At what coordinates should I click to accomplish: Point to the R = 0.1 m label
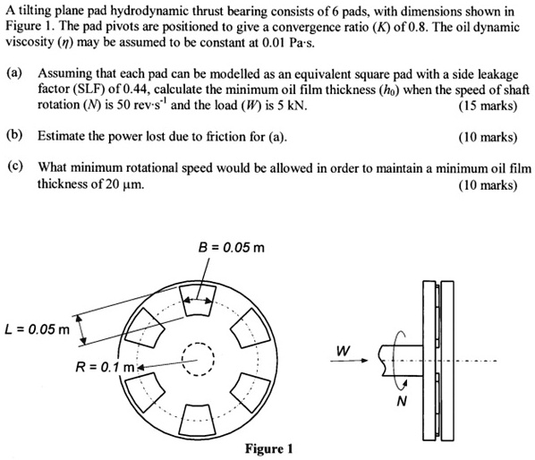tap(106, 365)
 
